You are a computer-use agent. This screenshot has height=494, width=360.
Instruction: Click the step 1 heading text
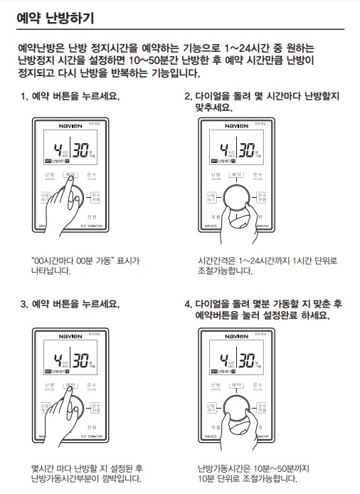tap(70, 96)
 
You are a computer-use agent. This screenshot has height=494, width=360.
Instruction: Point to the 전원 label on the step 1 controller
tap(92, 216)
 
